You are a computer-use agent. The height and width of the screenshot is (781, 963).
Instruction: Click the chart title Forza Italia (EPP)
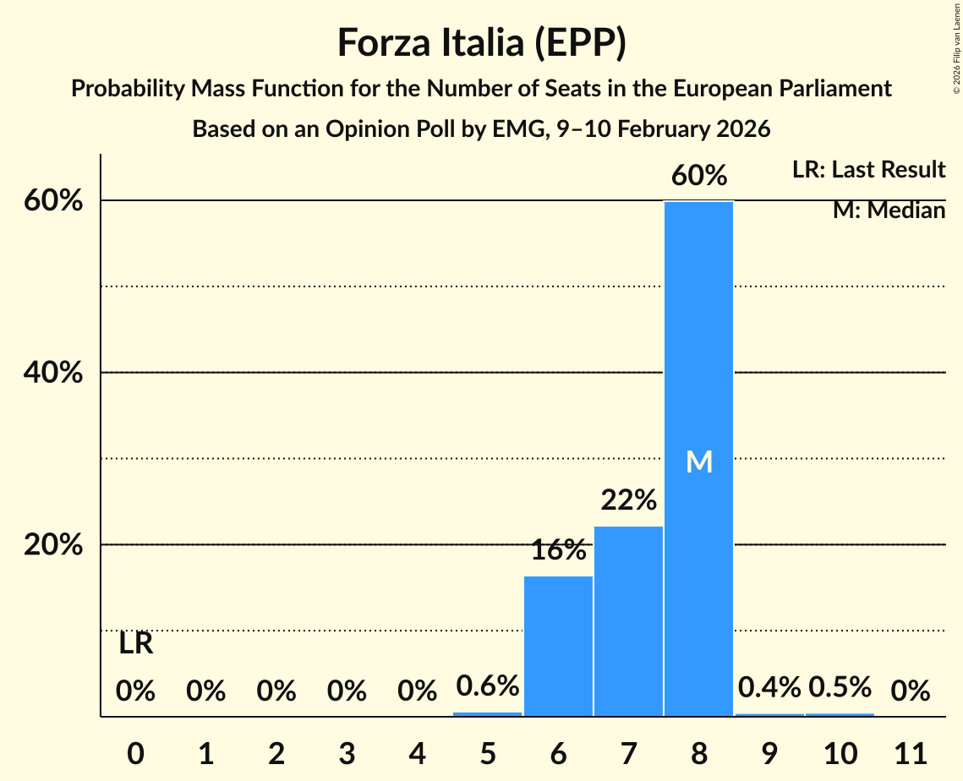click(x=481, y=42)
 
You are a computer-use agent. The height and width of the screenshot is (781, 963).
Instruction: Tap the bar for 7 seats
click(x=628, y=621)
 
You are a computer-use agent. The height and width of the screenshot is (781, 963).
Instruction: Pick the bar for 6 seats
click(x=558, y=647)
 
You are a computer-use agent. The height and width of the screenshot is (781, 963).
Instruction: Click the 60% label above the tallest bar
click(x=698, y=176)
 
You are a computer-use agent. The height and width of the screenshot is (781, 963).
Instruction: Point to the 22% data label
click(x=628, y=500)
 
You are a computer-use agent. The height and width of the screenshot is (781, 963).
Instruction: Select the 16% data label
click(x=558, y=550)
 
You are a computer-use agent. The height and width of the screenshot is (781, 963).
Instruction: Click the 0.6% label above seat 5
click(x=488, y=685)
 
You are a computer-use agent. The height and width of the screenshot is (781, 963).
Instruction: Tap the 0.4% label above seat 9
click(x=769, y=687)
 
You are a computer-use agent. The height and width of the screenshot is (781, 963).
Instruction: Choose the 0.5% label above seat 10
click(x=839, y=687)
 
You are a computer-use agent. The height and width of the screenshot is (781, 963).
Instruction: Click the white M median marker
click(x=698, y=461)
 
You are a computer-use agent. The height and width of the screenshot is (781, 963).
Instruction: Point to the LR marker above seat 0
click(x=135, y=644)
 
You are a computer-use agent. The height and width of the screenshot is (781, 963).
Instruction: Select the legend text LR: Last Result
click(x=868, y=170)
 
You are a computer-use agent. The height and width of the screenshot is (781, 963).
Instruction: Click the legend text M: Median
click(x=889, y=210)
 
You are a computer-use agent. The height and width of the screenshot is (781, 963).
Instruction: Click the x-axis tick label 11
click(x=910, y=752)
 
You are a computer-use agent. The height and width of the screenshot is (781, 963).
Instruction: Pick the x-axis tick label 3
click(x=347, y=752)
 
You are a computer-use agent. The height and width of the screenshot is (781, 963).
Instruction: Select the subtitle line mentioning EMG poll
click(x=481, y=129)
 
